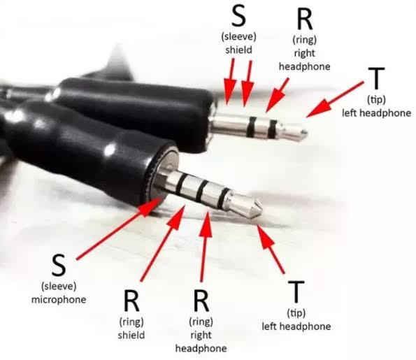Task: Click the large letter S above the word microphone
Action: (59, 266)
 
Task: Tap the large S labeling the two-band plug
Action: (239, 16)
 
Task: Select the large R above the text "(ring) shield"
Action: (131, 301)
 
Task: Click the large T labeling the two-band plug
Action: (376, 78)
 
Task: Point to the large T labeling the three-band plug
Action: (296, 291)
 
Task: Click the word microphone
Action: (59, 300)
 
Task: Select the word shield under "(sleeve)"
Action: (239, 50)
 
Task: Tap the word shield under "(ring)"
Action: (131, 335)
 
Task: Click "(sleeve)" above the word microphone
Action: (59, 287)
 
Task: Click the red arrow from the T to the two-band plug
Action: (335, 99)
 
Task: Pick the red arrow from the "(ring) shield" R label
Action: (162, 243)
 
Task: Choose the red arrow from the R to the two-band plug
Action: (277, 95)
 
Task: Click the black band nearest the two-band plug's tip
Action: (272, 129)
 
